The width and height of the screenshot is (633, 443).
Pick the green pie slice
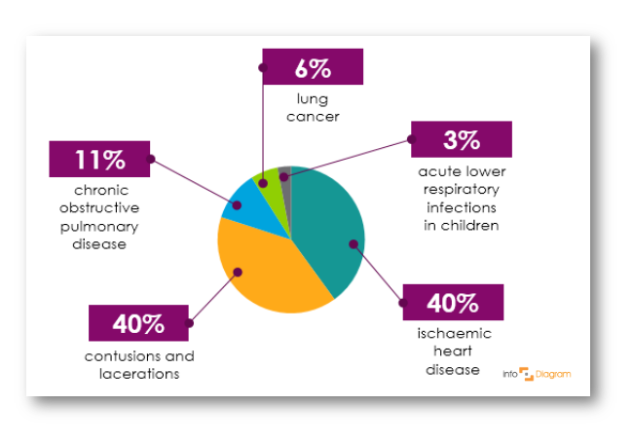(270, 190)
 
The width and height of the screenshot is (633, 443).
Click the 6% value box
(313, 67)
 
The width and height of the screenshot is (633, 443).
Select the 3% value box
(462, 139)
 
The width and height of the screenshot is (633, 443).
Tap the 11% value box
(99, 159)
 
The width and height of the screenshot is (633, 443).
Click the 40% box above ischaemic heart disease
(453, 303)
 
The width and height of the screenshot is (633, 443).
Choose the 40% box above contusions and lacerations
(138, 323)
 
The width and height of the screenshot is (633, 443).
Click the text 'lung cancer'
(313, 108)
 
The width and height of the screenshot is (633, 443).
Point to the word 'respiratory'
(462, 189)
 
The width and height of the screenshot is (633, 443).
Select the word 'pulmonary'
(99, 226)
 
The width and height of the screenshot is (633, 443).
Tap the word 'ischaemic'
(454, 333)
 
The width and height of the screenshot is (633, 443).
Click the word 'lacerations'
(139, 374)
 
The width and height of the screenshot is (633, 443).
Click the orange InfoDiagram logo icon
(526, 374)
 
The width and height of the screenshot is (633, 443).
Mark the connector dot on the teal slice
(354, 244)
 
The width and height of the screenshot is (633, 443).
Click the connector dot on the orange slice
(238, 273)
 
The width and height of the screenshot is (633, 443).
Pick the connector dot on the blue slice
(237, 205)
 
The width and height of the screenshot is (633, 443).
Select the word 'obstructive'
(99, 207)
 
